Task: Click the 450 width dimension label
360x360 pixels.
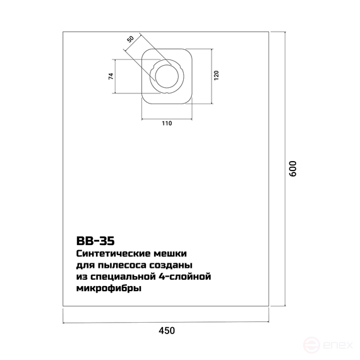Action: [167, 330]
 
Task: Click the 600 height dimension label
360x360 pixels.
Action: [293, 169]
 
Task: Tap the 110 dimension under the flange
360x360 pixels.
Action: [167, 123]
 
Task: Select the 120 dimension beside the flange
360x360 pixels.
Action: [216, 75]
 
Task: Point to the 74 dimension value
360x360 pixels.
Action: [111, 76]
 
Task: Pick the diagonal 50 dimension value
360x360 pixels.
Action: [130, 39]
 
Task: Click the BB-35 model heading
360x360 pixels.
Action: [95, 241]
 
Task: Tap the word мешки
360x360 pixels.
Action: [170, 254]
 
